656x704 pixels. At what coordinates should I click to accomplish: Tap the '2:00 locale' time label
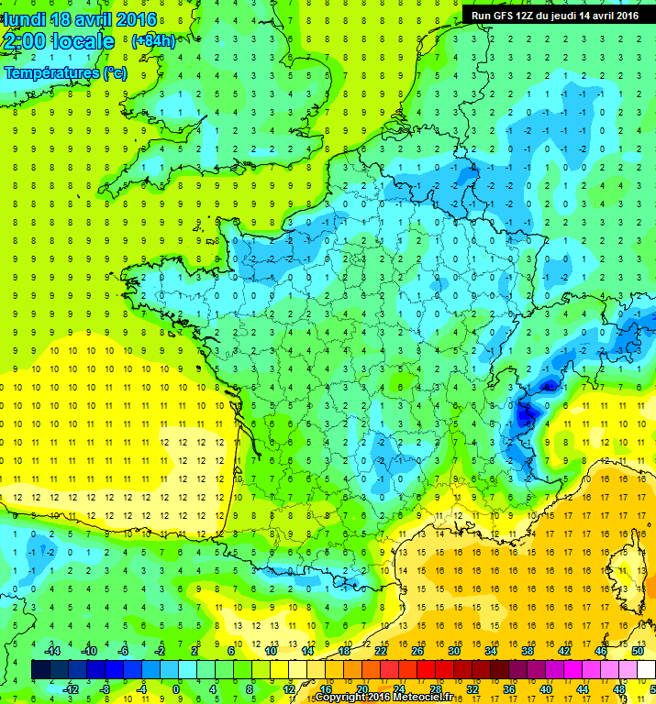[x=59, y=41]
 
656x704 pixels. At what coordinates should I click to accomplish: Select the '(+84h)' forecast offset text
[x=154, y=40]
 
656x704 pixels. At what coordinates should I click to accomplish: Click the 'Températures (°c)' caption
[x=65, y=72]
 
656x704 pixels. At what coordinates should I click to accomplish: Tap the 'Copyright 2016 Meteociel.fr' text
[x=384, y=698]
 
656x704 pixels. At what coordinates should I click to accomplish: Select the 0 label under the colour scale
[x=175, y=688]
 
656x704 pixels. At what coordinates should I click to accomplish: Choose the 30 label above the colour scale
[x=453, y=651]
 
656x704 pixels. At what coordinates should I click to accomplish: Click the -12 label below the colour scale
[x=70, y=688]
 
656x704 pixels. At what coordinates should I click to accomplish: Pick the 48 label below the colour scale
[x=619, y=688]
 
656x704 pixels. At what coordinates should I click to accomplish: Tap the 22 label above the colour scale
[x=380, y=651]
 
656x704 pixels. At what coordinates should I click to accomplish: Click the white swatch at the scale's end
[x=647, y=669]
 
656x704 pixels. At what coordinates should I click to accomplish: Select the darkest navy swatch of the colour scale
[x=40, y=669]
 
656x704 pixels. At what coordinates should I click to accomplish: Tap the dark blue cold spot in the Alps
[x=525, y=415]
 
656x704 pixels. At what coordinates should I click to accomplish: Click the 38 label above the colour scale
[x=528, y=651]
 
